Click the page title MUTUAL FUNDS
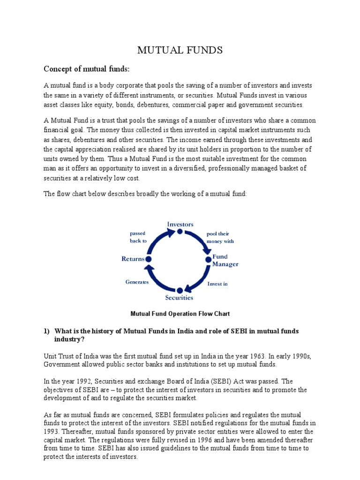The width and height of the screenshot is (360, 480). click(x=180, y=50)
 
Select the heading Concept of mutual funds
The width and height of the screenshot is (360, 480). click(x=86, y=69)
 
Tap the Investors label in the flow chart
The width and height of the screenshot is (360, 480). click(x=180, y=224)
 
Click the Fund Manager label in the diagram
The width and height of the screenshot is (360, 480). click(x=225, y=261)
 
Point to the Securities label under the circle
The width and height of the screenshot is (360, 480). click(x=179, y=298)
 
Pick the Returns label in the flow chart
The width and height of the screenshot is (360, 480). click(x=133, y=259)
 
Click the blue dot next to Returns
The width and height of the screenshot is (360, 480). click(x=149, y=259)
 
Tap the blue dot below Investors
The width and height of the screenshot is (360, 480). click(x=180, y=231)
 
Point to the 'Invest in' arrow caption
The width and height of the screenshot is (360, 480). click(x=217, y=284)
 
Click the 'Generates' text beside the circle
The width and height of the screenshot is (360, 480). click(x=137, y=282)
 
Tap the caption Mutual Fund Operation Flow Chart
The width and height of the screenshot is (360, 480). click(x=180, y=314)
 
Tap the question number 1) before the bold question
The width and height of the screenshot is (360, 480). click(x=47, y=331)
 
